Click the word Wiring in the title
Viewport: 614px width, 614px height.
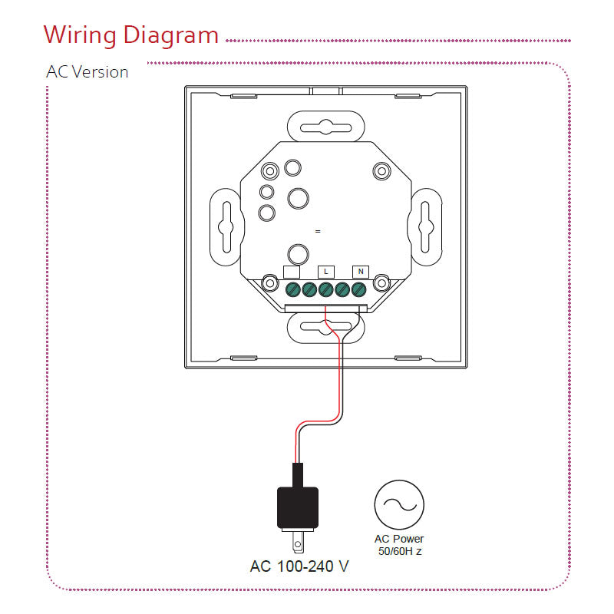(79, 35)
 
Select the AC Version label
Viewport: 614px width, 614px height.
(87, 73)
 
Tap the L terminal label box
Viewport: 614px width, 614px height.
(325, 271)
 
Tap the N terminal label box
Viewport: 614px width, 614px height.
(360, 271)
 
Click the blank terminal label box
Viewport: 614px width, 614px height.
(292, 271)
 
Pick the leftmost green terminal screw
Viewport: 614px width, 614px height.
(292, 289)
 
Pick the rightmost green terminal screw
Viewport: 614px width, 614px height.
(358, 289)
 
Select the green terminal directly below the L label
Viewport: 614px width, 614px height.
(325, 289)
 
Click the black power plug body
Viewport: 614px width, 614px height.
(298, 507)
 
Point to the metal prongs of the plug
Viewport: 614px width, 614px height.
(299, 544)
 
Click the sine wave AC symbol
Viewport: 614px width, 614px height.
(398, 504)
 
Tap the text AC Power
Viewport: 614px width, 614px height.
(398, 540)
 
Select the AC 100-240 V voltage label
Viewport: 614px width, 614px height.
(299, 567)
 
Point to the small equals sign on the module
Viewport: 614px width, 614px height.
(318, 231)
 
